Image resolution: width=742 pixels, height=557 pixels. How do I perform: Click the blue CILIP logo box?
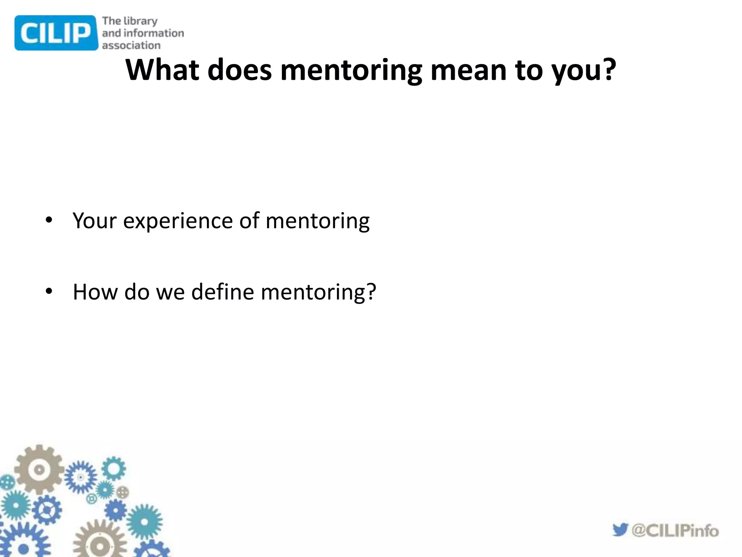[56, 33]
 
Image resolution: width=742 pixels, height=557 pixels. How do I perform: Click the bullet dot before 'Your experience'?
[49, 220]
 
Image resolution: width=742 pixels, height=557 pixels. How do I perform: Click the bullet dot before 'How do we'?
[49, 291]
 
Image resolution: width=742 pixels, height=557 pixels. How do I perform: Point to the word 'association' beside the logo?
[131, 45]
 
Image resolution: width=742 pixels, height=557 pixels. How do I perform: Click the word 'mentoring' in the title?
[351, 70]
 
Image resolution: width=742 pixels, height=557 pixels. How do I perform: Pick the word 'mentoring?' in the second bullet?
[318, 292]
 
